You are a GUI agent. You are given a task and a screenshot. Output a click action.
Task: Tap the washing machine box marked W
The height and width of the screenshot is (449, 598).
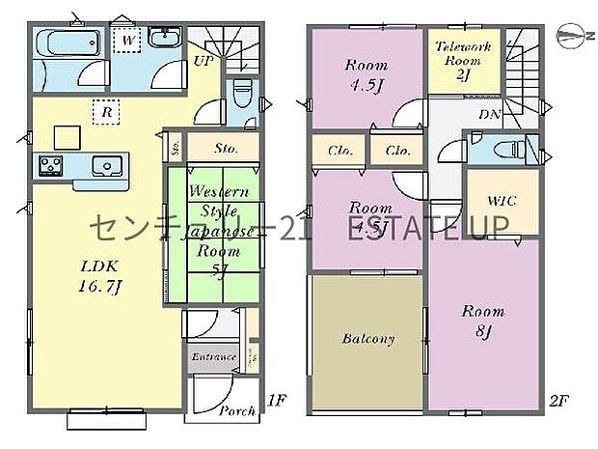(126, 40)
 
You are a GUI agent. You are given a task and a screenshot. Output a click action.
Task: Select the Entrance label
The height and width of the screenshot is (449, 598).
(213, 357)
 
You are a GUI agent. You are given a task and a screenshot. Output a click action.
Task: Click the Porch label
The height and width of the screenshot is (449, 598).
(237, 410)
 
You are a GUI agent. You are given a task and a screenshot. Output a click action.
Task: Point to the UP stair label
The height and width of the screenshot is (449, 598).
(204, 60)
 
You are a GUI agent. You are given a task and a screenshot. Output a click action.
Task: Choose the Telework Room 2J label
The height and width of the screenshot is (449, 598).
(464, 60)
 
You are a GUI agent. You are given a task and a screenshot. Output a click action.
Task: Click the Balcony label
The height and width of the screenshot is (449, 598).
(367, 339)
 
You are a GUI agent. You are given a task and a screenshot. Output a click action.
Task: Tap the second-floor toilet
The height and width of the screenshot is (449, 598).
(503, 151)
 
